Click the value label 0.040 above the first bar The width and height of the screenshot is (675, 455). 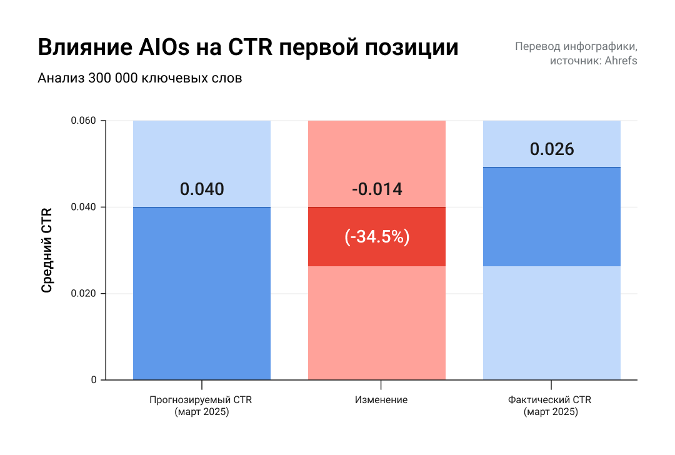point(201,189)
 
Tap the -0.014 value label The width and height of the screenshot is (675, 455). point(377,189)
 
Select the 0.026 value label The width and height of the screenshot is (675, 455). point(552,149)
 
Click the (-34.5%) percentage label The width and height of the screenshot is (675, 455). point(377,237)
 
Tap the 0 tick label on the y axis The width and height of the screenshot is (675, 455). point(93,380)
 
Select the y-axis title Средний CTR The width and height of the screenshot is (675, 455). point(47,250)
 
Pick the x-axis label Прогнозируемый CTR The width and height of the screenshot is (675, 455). point(201,400)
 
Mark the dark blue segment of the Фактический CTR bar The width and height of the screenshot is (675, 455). point(552,216)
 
